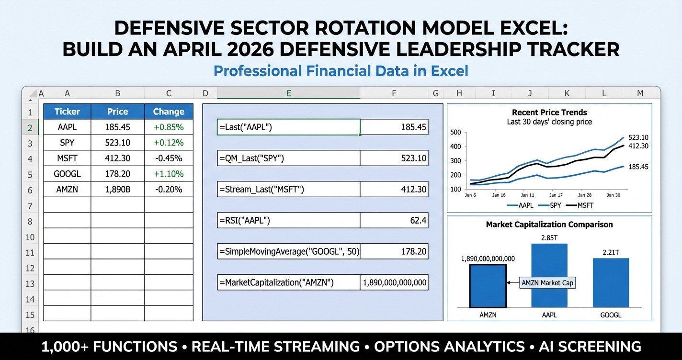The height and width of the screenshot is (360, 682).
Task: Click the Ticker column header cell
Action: tap(67, 112)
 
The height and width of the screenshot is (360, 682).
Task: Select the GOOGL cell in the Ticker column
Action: tap(67, 174)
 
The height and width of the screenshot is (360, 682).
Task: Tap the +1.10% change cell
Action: tap(169, 174)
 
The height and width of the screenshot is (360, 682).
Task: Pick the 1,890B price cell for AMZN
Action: tap(117, 190)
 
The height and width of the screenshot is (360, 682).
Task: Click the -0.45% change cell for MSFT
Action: tap(169, 158)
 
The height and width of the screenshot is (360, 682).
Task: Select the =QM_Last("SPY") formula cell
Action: tap(288, 158)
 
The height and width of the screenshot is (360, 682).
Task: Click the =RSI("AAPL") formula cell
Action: tap(288, 220)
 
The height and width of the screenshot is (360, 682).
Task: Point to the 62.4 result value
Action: tap(394, 220)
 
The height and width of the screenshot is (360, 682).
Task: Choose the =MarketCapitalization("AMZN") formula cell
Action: tap(288, 282)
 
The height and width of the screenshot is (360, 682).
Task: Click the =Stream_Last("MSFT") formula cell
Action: tap(288, 190)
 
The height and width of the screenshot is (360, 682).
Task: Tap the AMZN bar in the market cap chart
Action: tap(488, 286)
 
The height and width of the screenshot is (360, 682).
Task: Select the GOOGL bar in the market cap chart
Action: tap(611, 282)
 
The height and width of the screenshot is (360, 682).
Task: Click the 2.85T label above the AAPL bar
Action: tap(549, 237)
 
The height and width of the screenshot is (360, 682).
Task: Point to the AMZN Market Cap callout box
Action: tap(547, 283)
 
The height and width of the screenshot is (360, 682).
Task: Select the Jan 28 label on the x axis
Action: tap(585, 195)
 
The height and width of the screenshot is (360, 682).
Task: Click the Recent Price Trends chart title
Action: tap(549, 112)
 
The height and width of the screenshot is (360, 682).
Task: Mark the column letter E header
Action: tap(288, 93)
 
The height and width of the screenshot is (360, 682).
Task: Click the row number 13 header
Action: tap(30, 284)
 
